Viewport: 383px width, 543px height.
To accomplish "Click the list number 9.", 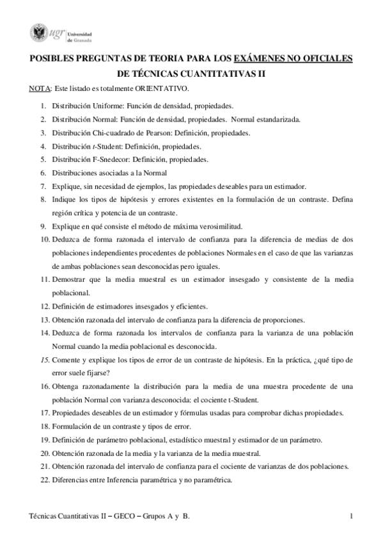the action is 43,226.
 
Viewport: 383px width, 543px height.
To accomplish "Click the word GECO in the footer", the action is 113,516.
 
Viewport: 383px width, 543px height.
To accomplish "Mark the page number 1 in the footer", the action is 352,516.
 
